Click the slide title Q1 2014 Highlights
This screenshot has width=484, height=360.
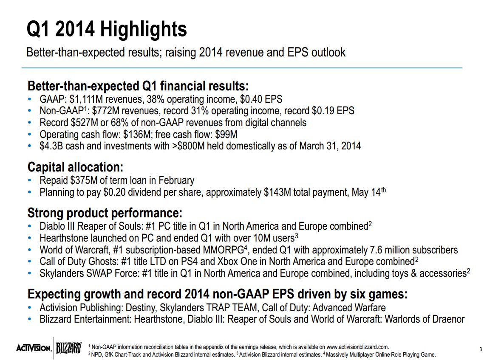tap(107, 30)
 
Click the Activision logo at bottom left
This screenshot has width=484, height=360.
tap(34, 348)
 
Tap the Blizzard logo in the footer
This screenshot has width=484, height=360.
tap(68, 348)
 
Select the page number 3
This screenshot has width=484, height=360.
tap(480, 349)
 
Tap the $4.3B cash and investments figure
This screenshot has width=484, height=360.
tap(51, 146)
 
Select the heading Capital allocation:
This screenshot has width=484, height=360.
tap(75, 167)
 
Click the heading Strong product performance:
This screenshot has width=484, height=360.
tap(105, 212)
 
